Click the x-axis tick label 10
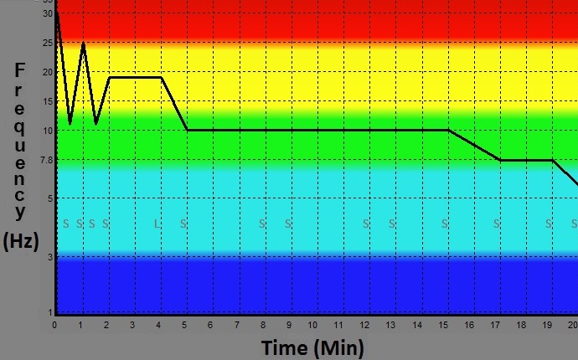(x=312, y=325)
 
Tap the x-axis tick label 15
(x=443, y=325)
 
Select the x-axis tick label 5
(x=183, y=325)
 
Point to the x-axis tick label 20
(x=572, y=325)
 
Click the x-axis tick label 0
(x=54, y=325)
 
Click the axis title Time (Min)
(x=312, y=347)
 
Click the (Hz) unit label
(x=22, y=242)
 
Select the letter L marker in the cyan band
(x=157, y=224)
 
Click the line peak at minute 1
(x=83, y=42)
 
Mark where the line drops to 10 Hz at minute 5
(x=187, y=130)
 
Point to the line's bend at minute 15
(x=449, y=130)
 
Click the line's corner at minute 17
(x=500, y=160)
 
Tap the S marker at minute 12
(x=365, y=224)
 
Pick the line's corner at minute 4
(x=161, y=77)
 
